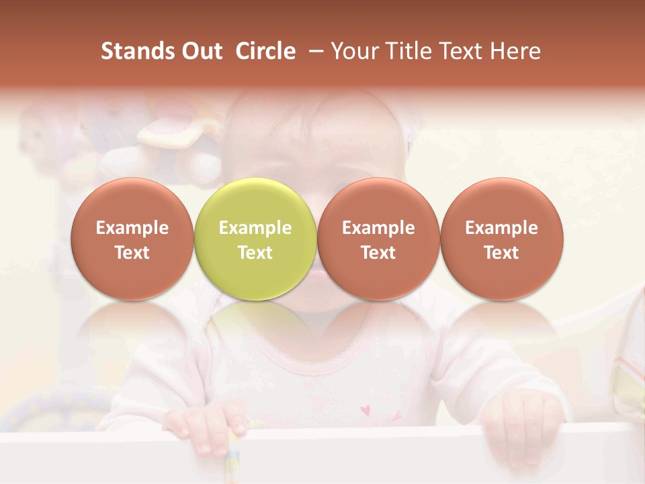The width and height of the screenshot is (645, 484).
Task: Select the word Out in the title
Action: point(200,51)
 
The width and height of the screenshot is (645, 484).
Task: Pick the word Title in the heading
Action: point(408,51)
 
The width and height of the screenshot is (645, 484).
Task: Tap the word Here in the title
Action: point(515,51)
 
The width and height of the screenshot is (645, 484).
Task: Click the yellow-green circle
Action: point(255,239)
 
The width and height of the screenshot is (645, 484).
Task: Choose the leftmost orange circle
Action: point(132,239)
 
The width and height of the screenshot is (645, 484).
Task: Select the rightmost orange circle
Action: point(501,239)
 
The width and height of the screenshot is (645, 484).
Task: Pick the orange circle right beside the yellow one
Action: point(378,239)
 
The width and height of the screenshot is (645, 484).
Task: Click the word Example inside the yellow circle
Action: point(255,228)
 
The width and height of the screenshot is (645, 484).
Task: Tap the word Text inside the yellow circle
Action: point(255,253)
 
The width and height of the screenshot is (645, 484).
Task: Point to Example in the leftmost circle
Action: point(132,228)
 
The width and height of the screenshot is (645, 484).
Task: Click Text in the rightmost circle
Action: point(501,253)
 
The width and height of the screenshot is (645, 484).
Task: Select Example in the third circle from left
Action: point(378,228)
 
